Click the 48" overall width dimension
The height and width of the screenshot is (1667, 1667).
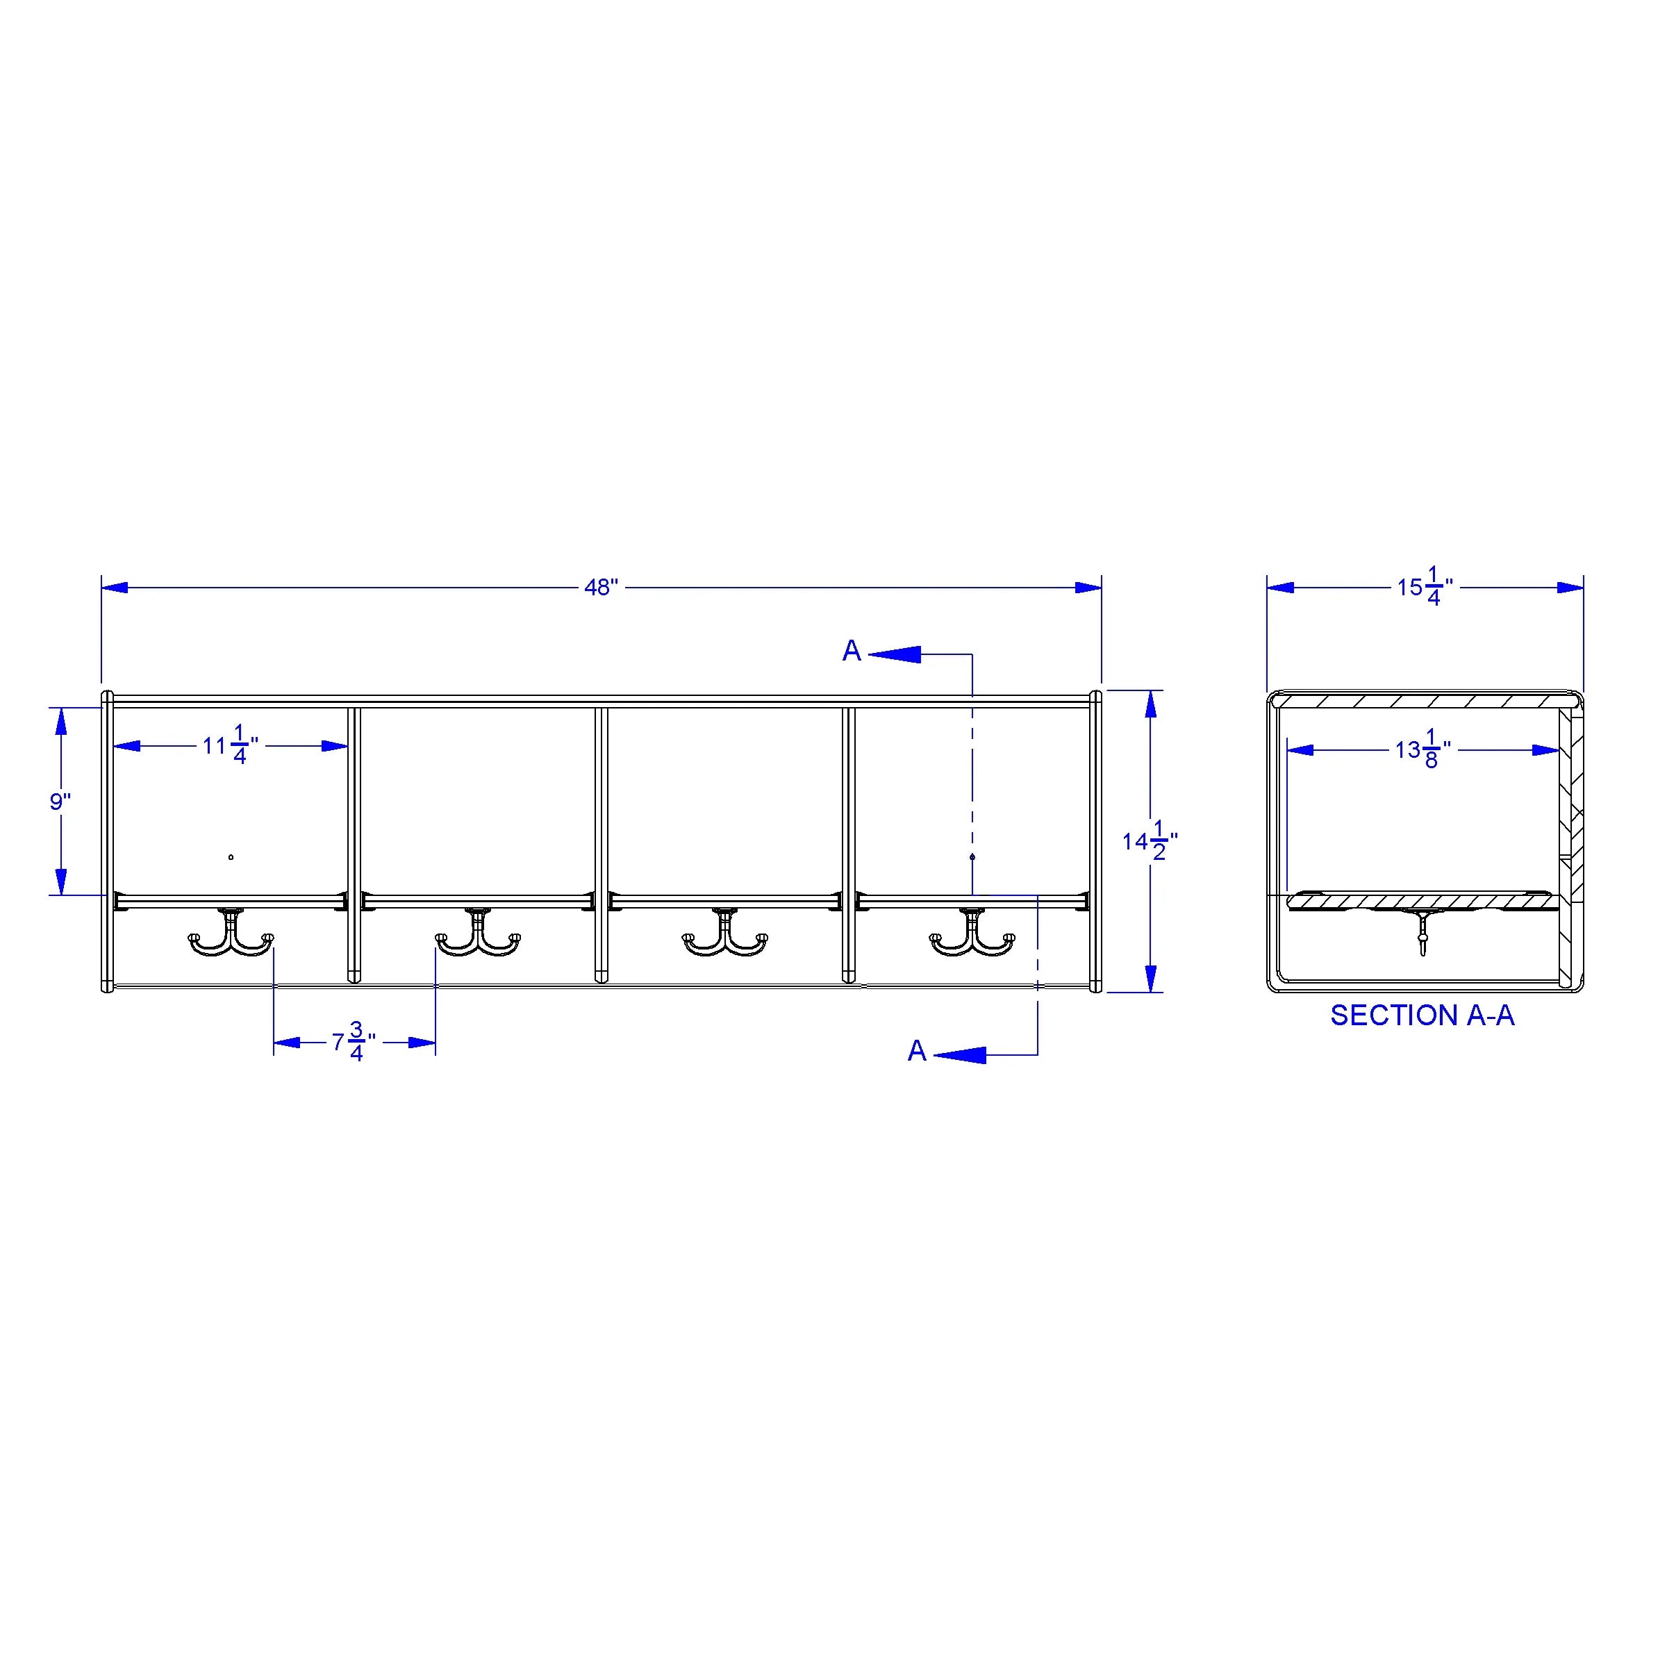(x=602, y=588)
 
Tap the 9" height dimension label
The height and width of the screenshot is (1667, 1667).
(x=60, y=802)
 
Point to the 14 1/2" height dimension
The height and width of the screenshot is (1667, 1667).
(x=1150, y=840)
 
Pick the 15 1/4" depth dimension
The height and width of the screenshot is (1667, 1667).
(x=1425, y=588)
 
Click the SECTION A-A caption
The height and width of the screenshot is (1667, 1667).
(x=1422, y=1015)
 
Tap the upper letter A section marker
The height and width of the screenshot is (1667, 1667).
(x=852, y=651)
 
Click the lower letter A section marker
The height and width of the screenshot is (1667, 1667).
(x=917, y=1051)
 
